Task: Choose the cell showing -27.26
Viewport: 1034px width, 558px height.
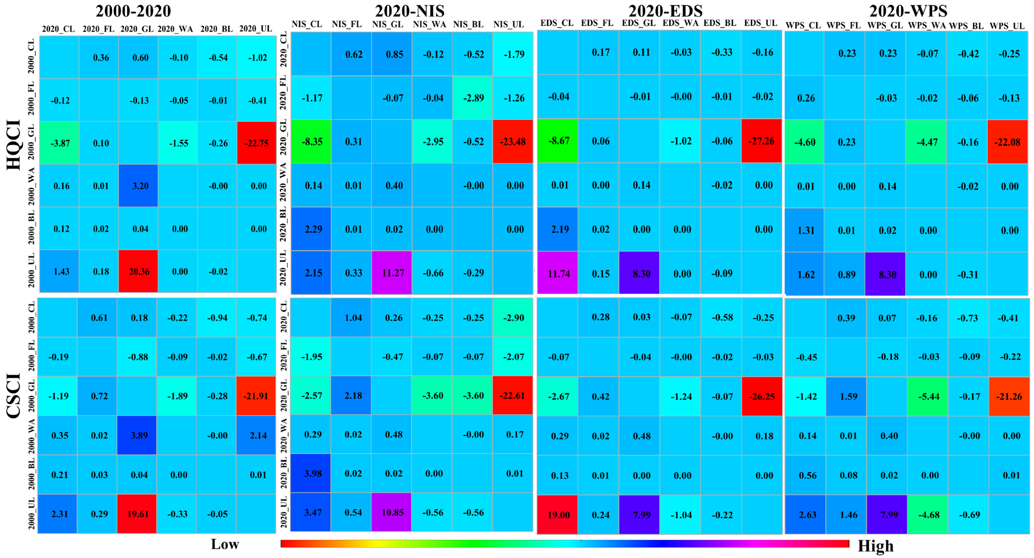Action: point(762,141)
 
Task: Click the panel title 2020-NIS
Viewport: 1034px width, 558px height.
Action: point(410,11)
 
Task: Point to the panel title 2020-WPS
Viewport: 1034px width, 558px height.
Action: point(908,11)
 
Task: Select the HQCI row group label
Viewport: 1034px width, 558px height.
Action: point(14,144)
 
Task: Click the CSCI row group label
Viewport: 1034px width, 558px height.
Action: point(14,395)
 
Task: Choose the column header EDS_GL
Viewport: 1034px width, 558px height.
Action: point(639,23)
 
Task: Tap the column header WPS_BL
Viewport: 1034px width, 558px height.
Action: point(966,26)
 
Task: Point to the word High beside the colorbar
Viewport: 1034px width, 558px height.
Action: point(875,546)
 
